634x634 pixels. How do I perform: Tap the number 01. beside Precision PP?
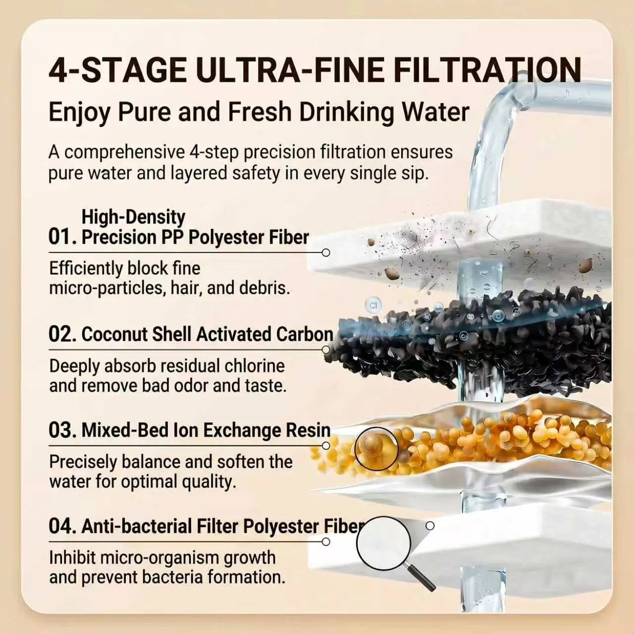coord(63,237)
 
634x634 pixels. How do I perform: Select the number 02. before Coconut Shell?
coord(63,334)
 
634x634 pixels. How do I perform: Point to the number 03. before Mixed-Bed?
coord(63,430)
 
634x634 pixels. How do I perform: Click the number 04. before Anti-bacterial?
coord(63,526)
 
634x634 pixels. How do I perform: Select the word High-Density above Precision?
coord(133,217)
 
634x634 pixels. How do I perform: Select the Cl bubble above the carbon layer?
coord(373,305)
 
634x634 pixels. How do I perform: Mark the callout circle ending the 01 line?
coord(326,253)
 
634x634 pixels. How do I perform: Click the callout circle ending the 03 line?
coord(326,446)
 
